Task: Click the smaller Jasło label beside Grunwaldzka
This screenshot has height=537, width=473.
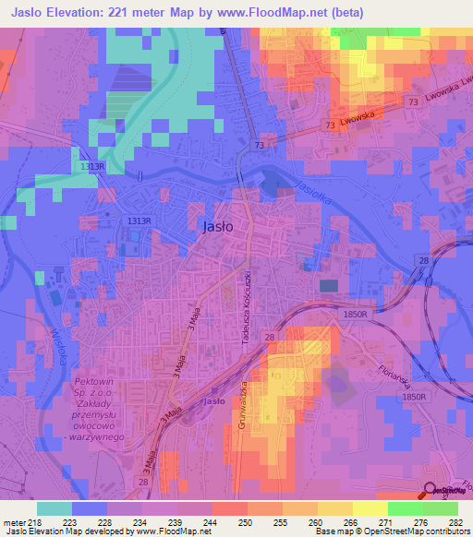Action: pyautogui.click(x=214, y=402)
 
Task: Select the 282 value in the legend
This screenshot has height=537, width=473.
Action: pyautogui.click(x=454, y=521)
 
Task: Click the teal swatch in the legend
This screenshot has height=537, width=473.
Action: pyautogui.click(x=55, y=507)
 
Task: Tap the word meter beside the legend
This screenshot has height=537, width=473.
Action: pyautogui.click(x=11, y=521)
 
